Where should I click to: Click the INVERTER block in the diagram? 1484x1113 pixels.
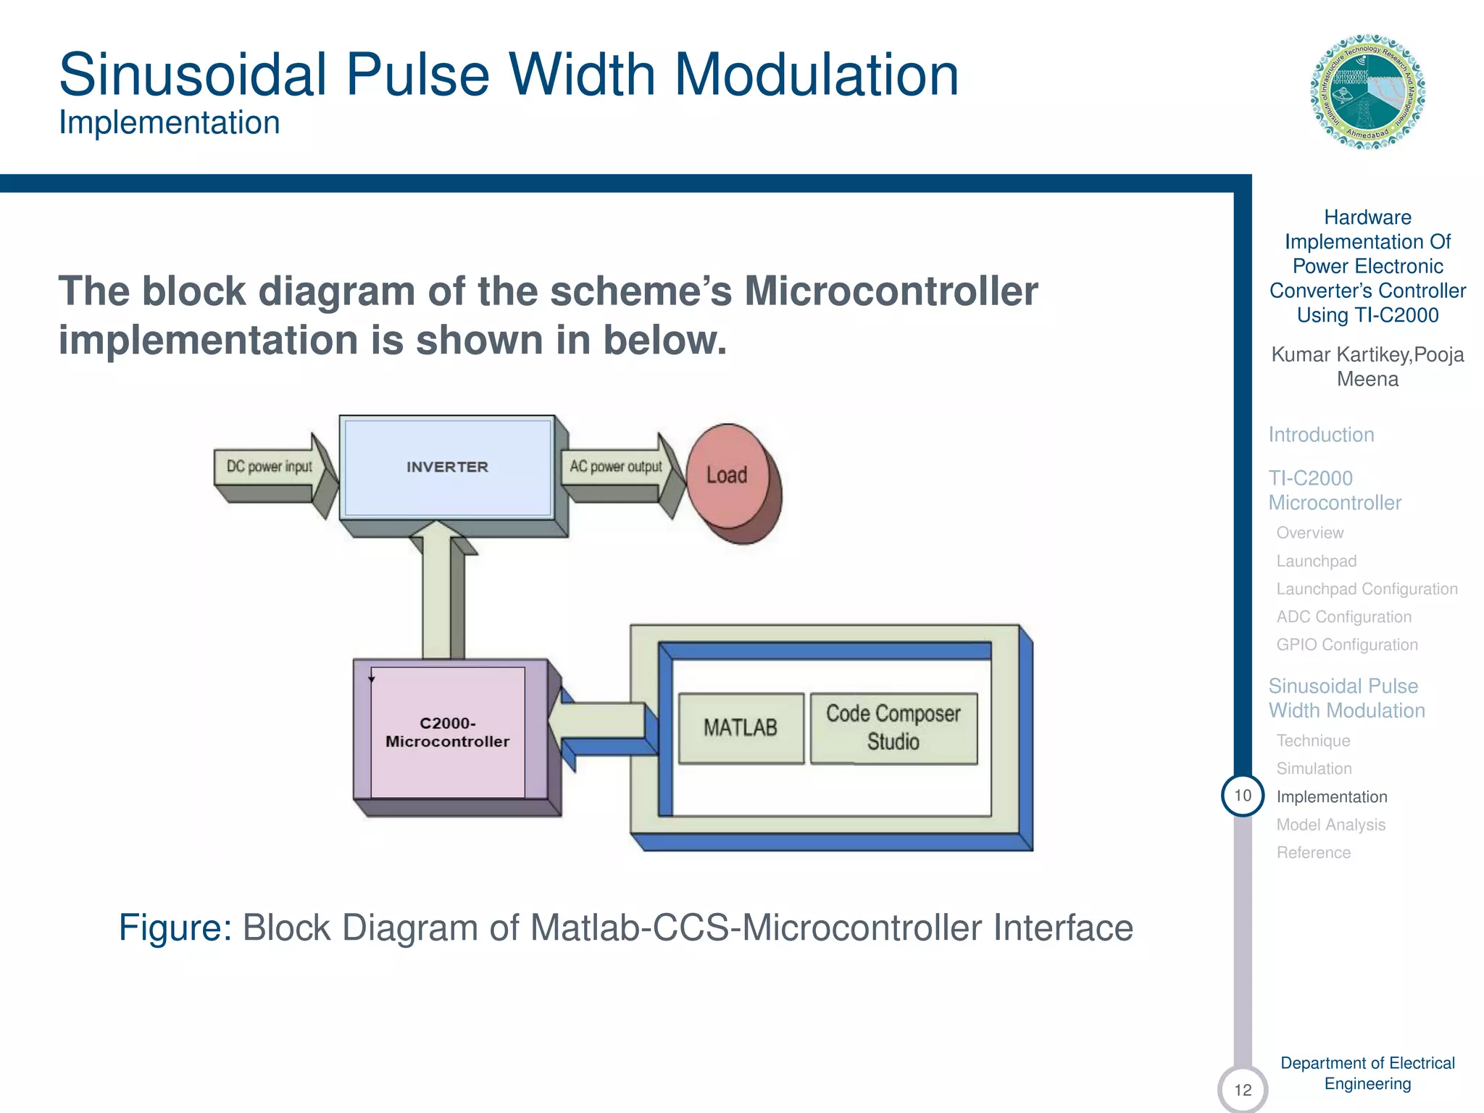(x=447, y=467)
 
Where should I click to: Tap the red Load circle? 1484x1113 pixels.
(x=728, y=475)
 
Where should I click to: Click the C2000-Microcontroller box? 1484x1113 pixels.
(x=448, y=732)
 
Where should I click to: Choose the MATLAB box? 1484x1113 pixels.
(x=741, y=728)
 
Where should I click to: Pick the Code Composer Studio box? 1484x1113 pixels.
(x=893, y=728)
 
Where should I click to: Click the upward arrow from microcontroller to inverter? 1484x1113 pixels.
(x=437, y=594)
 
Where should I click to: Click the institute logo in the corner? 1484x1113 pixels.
(x=1367, y=92)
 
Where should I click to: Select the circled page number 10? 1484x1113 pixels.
(x=1243, y=796)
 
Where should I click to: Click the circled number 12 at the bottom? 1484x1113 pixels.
(x=1243, y=1089)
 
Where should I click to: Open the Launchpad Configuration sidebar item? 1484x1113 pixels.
(x=1367, y=589)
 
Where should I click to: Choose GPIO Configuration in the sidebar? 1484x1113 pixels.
(x=1346, y=645)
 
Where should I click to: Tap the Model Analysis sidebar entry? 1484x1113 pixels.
(x=1330, y=825)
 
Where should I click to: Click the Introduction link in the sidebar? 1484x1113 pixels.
(x=1321, y=435)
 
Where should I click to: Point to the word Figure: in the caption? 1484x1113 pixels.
(x=175, y=927)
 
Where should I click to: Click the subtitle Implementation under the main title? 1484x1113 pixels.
(x=170, y=122)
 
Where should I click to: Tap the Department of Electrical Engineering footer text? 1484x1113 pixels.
(x=1367, y=1073)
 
